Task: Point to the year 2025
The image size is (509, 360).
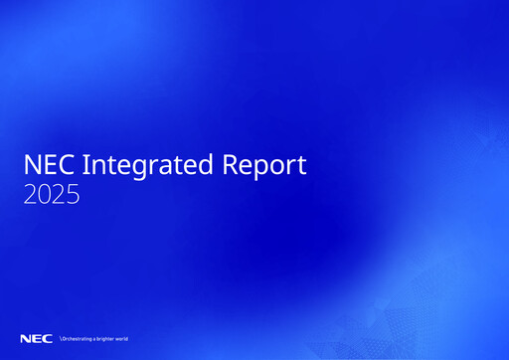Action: pos(52,195)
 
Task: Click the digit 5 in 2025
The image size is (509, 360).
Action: pos(74,195)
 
